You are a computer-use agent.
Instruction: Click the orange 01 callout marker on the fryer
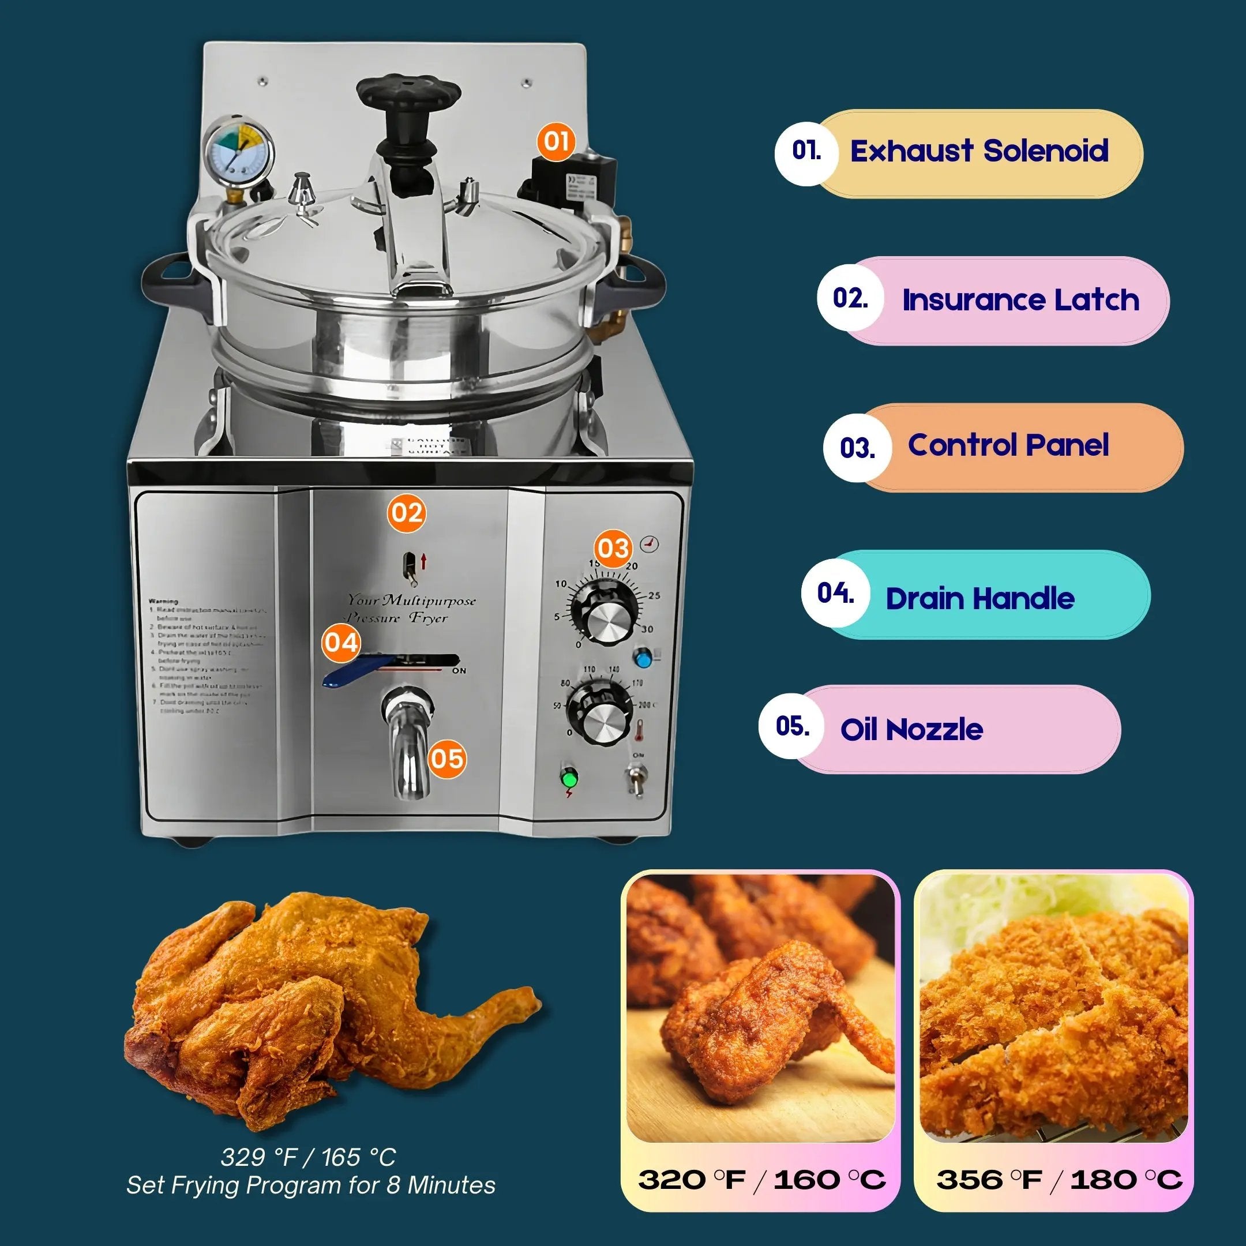pyautogui.click(x=556, y=141)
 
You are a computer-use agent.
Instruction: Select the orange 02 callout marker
pyautogui.click(x=406, y=513)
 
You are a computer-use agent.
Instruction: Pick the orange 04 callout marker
pyautogui.click(x=341, y=643)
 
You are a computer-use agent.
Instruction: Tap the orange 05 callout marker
pyautogui.click(x=447, y=758)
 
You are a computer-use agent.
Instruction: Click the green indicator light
pyautogui.click(x=569, y=778)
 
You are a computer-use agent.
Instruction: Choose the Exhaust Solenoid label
pyautogui.click(x=979, y=152)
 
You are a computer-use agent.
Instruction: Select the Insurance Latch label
pyautogui.click(x=1020, y=300)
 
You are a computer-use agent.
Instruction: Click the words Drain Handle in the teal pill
pyautogui.click(x=979, y=599)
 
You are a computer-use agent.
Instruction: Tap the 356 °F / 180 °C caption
pyautogui.click(x=1059, y=1180)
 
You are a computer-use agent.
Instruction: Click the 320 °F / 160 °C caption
pyautogui.click(x=761, y=1180)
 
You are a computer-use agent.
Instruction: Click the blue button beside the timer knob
pyautogui.click(x=643, y=658)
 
